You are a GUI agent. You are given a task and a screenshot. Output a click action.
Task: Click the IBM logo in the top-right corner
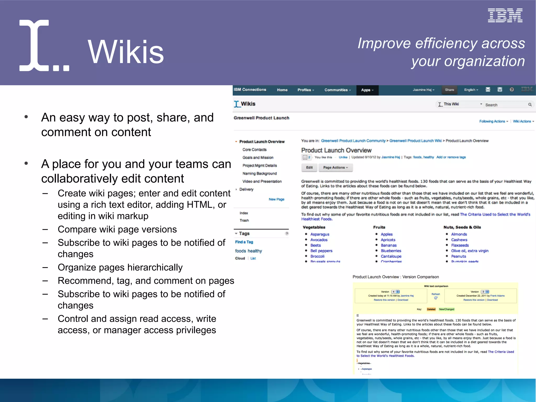[505, 15]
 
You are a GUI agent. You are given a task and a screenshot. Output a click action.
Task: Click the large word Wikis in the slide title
[126, 52]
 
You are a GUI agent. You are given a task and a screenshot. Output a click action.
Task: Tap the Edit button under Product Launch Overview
[309, 168]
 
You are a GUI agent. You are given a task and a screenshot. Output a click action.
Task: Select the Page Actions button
[335, 168]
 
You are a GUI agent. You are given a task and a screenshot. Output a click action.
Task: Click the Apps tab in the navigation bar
[367, 90]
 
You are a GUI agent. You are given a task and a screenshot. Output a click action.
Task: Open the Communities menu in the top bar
[337, 90]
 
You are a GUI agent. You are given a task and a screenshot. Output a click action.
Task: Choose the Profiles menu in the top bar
[305, 90]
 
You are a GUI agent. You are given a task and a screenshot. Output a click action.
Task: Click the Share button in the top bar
[449, 90]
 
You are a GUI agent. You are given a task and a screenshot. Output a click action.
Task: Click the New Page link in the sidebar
[276, 199]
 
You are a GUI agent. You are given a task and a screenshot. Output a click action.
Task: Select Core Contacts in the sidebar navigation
[254, 150]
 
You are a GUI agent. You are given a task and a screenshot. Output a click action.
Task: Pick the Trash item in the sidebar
[244, 221]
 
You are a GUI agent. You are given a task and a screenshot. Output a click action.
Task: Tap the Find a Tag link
[244, 242]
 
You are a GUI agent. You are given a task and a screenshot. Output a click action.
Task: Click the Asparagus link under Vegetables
[320, 234]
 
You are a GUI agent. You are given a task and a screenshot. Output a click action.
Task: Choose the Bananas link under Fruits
[388, 245]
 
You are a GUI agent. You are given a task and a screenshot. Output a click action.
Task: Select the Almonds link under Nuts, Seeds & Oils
[459, 234]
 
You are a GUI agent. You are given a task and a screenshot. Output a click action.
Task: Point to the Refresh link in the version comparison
[435, 294]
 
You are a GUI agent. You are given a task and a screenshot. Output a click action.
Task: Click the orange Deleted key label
[431, 309]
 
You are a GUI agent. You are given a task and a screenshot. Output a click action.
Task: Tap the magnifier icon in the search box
[530, 105]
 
